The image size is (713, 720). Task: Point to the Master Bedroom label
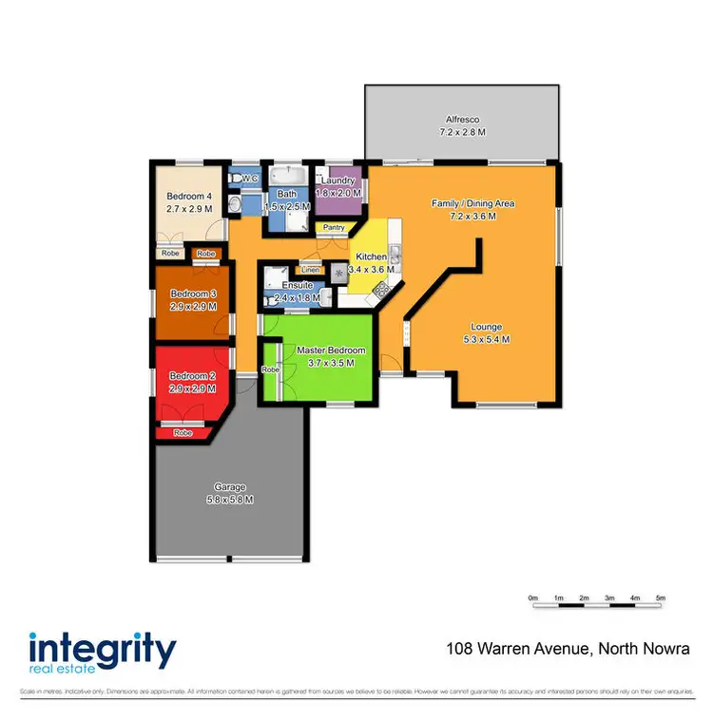[331, 351]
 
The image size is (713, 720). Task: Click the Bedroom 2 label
[193, 377]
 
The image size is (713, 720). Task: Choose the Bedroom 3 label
[193, 294]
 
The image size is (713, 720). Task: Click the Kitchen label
[371, 257]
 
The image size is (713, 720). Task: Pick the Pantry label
[334, 227]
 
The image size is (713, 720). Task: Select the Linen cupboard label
[310, 269]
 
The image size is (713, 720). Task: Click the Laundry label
[338, 180]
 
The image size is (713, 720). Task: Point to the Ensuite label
[297, 285]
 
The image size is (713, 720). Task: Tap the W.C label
[250, 179]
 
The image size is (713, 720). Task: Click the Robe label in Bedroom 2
[183, 432]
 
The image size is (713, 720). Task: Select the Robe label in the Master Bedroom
[270, 369]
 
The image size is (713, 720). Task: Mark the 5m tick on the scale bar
[661, 598]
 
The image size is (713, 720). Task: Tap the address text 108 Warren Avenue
[519, 649]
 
